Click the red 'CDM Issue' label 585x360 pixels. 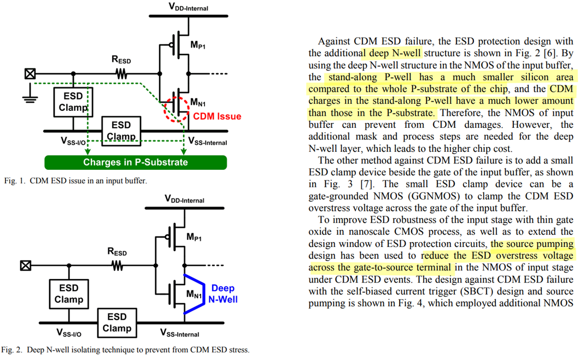217,116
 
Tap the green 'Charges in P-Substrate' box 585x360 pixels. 135,162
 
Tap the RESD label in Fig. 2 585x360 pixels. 116,252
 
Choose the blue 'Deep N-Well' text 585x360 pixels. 223,293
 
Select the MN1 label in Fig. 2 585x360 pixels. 194,296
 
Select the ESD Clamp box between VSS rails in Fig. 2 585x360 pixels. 117,322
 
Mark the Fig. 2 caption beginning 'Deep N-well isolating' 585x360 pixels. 125,350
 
